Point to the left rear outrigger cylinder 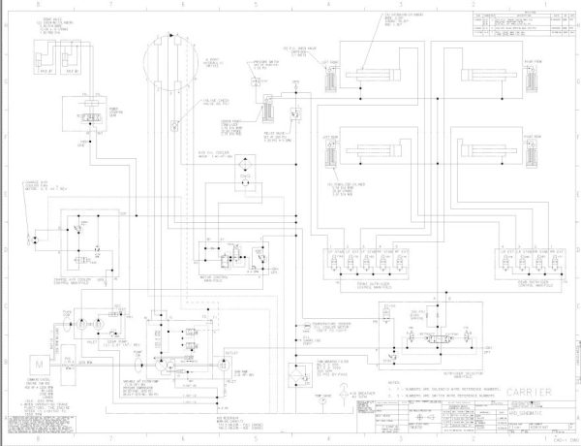372,152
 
